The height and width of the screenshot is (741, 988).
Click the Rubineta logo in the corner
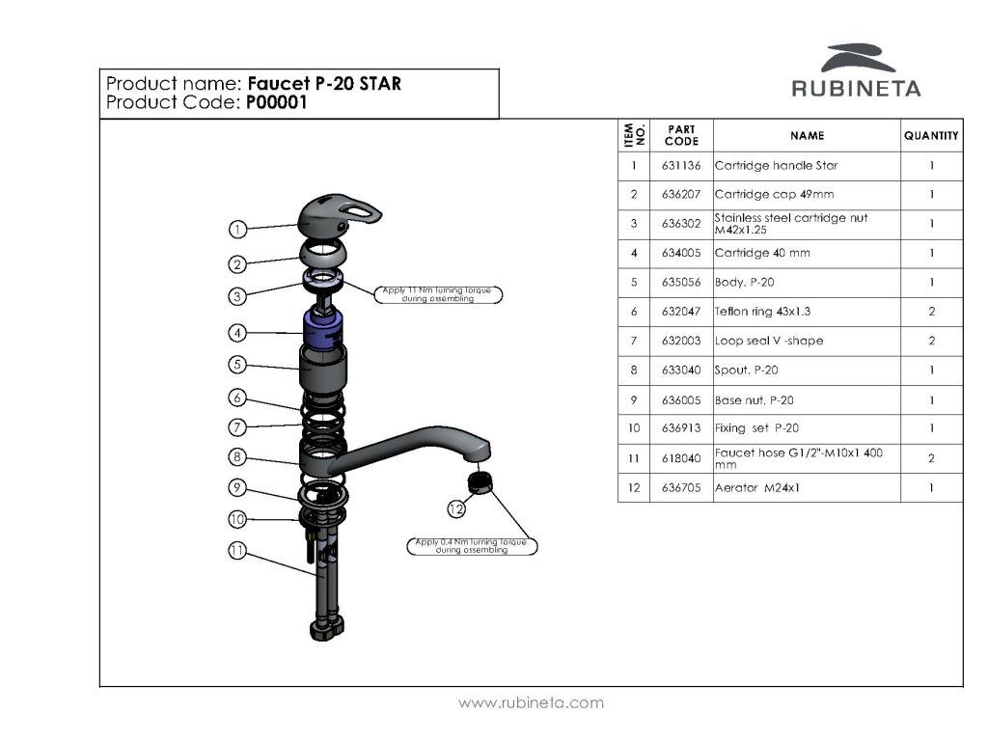pyautogui.click(x=856, y=69)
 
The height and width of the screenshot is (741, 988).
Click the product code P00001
pyautogui.click(x=276, y=102)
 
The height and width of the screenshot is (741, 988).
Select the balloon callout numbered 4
pyautogui.click(x=237, y=332)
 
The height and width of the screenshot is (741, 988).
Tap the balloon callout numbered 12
pyautogui.click(x=456, y=508)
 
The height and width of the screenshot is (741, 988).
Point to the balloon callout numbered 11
pyautogui.click(x=236, y=550)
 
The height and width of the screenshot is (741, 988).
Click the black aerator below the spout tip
pyautogui.click(x=480, y=483)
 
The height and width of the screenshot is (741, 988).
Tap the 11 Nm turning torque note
pyautogui.click(x=437, y=294)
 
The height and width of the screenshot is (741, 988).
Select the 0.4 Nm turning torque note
pyautogui.click(x=472, y=546)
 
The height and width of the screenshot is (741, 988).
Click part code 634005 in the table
pyautogui.click(x=681, y=253)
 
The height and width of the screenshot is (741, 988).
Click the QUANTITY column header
pyautogui.click(x=931, y=135)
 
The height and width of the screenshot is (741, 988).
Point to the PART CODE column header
pyautogui.click(x=681, y=135)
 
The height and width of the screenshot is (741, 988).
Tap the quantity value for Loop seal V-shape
pyautogui.click(x=931, y=341)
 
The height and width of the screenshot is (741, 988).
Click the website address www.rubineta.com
pyautogui.click(x=531, y=702)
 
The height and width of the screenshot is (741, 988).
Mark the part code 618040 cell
pyautogui.click(x=681, y=458)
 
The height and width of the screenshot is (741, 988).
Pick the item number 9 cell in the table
pyautogui.click(x=634, y=400)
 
